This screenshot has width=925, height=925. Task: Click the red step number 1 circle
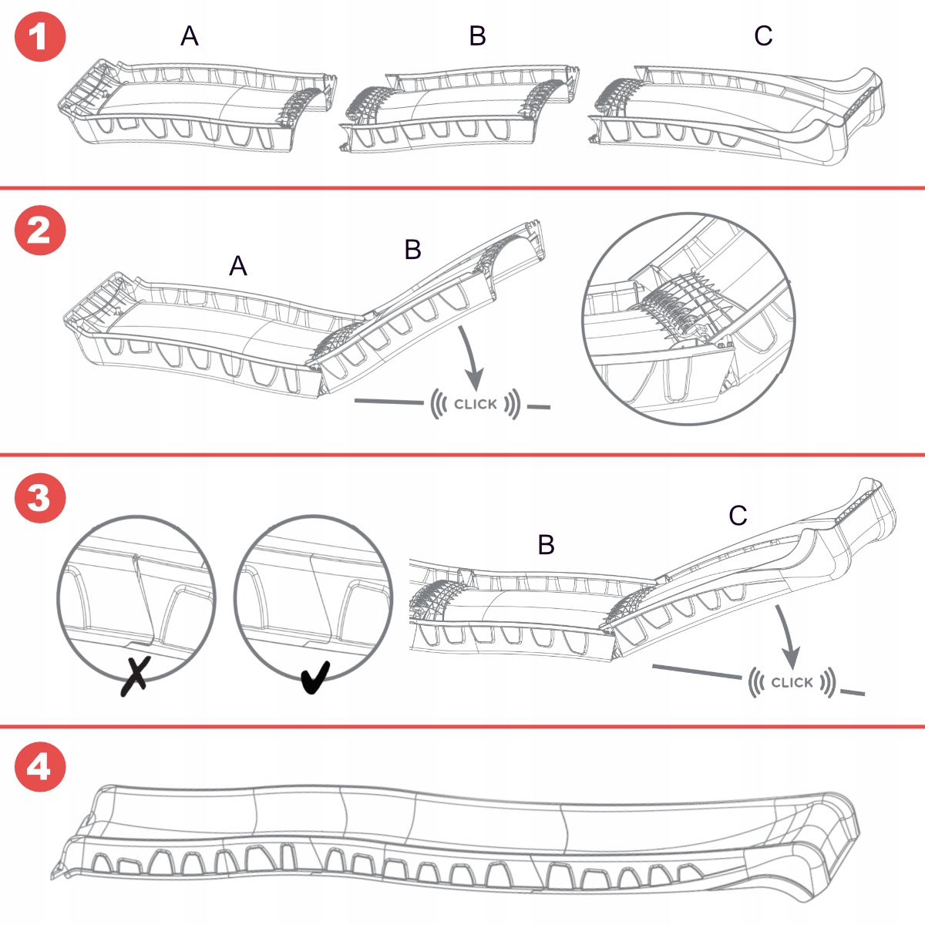pyautogui.click(x=40, y=36)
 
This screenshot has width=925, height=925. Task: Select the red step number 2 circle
pyautogui.click(x=40, y=230)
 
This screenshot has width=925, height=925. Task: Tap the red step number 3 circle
pyautogui.click(x=40, y=498)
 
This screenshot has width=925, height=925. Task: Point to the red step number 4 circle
pyautogui.click(x=40, y=766)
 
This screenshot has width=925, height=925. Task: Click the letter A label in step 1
pyautogui.click(x=190, y=36)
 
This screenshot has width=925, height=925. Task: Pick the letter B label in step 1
pyautogui.click(x=478, y=36)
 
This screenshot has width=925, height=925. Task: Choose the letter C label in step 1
pyautogui.click(x=763, y=36)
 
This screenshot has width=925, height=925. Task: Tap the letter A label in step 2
pyautogui.click(x=238, y=267)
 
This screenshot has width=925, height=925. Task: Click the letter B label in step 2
pyautogui.click(x=413, y=250)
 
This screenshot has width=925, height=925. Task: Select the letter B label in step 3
pyautogui.click(x=546, y=545)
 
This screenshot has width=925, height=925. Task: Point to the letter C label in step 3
pyautogui.click(x=738, y=516)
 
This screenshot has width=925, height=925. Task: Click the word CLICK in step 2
pyautogui.click(x=476, y=404)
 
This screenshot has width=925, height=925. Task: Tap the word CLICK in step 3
pyautogui.click(x=792, y=682)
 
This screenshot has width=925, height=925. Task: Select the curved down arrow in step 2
pyautogui.click(x=471, y=358)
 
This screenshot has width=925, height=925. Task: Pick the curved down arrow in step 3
pyautogui.click(x=788, y=637)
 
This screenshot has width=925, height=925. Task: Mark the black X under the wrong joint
pyautogui.click(x=135, y=676)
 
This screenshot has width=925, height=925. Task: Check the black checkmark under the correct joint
pyautogui.click(x=314, y=677)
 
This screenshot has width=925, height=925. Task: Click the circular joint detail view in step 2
pyautogui.click(x=688, y=319)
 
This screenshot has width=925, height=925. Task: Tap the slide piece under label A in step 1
pyautogui.click(x=197, y=108)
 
